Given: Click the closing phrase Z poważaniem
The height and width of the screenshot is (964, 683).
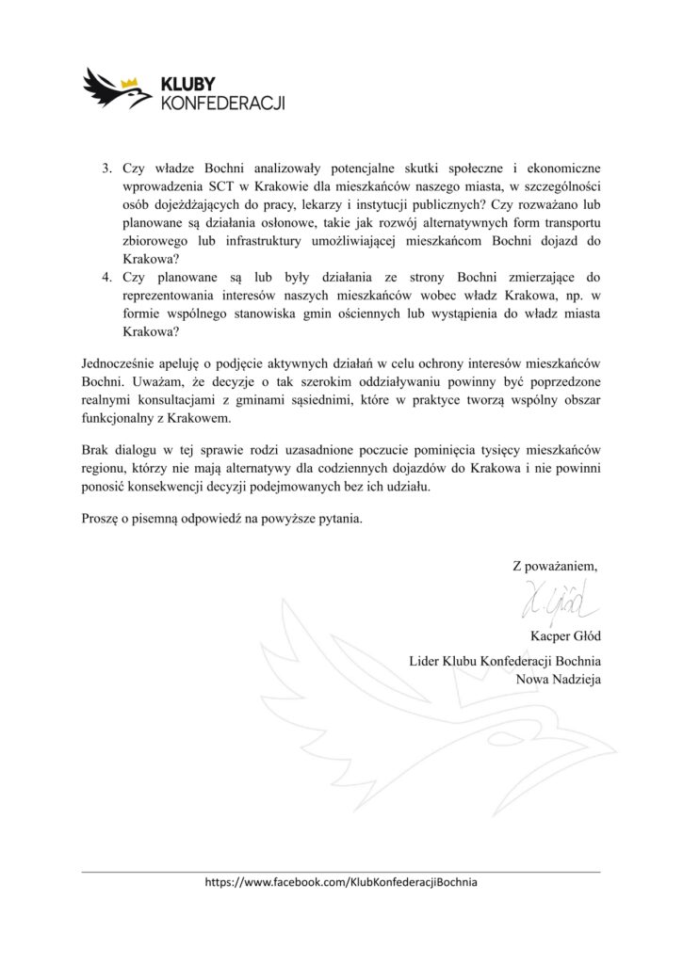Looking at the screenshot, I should pyautogui.click(x=554, y=566).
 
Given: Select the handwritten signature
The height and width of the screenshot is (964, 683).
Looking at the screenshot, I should pyautogui.click(x=557, y=598).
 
